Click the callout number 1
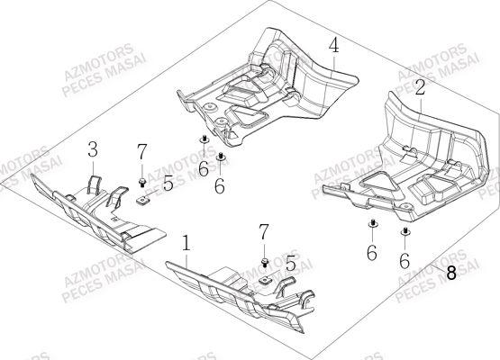click(x=186, y=244)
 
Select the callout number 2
click(x=420, y=87)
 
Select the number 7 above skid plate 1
click(x=263, y=233)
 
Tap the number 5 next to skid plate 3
click(x=168, y=183)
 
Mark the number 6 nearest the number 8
click(x=405, y=259)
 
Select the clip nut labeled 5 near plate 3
click(x=142, y=201)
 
